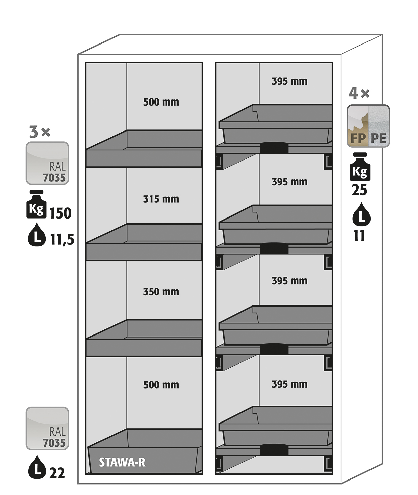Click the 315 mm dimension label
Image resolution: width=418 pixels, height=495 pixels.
161,199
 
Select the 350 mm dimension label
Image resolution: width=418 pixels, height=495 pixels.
161,292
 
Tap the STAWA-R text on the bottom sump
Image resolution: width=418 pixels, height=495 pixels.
122,462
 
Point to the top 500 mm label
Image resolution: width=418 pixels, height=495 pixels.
161,102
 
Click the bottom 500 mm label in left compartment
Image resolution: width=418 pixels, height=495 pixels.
161,385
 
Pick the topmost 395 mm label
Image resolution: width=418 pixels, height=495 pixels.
290,81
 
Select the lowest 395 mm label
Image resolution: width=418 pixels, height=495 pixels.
290,384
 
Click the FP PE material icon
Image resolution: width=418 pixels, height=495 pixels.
368,126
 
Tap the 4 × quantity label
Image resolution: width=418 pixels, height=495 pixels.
359,94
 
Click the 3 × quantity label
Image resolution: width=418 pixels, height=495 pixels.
39,132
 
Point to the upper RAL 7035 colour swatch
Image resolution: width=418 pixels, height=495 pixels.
47,163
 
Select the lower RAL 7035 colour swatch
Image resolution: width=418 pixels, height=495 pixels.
47,429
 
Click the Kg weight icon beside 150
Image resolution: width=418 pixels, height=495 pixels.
36,204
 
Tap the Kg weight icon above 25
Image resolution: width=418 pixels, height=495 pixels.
360,167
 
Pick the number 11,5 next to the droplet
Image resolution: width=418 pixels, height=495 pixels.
62,240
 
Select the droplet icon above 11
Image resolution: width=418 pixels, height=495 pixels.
361,214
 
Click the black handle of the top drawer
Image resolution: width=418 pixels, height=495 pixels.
274,147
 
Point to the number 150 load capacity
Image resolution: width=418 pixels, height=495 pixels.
61,213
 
